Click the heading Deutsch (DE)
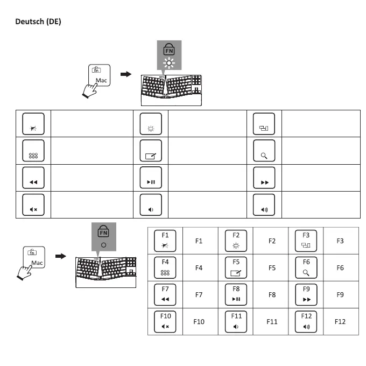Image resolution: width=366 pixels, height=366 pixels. pyautogui.click(x=38, y=22)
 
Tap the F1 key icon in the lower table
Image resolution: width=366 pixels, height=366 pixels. pyautogui.click(x=165, y=241)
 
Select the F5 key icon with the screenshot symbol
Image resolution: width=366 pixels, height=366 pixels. pyautogui.click(x=236, y=268)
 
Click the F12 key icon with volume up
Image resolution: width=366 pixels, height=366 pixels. pyautogui.click(x=306, y=321)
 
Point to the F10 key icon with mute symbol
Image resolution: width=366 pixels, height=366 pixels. pyautogui.click(x=165, y=321)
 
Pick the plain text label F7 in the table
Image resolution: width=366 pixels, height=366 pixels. pyautogui.click(x=199, y=295)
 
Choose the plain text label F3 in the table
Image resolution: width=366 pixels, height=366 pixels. pyautogui.click(x=340, y=241)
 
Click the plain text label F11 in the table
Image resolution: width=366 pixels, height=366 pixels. pyautogui.click(x=272, y=321)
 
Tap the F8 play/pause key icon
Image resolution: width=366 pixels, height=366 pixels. pyautogui.click(x=236, y=294)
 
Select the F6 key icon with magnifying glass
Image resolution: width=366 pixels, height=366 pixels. pyautogui.click(x=306, y=268)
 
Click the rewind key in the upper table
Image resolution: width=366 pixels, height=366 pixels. pyautogui.click(x=33, y=178)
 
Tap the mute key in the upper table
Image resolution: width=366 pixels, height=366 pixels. pyautogui.click(x=33, y=205)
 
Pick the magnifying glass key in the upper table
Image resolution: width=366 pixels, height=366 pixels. pyautogui.click(x=264, y=151)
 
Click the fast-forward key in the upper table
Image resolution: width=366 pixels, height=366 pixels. pyautogui.click(x=264, y=178)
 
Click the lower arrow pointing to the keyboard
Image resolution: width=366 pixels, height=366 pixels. pyautogui.click(x=60, y=256)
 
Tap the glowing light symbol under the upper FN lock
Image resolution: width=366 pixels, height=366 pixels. pyautogui.click(x=170, y=64)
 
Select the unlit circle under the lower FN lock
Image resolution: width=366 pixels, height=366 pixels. pyautogui.click(x=103, y=244)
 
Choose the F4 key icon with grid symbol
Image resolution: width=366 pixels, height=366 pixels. pyautogui.click(x=165, y=268)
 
